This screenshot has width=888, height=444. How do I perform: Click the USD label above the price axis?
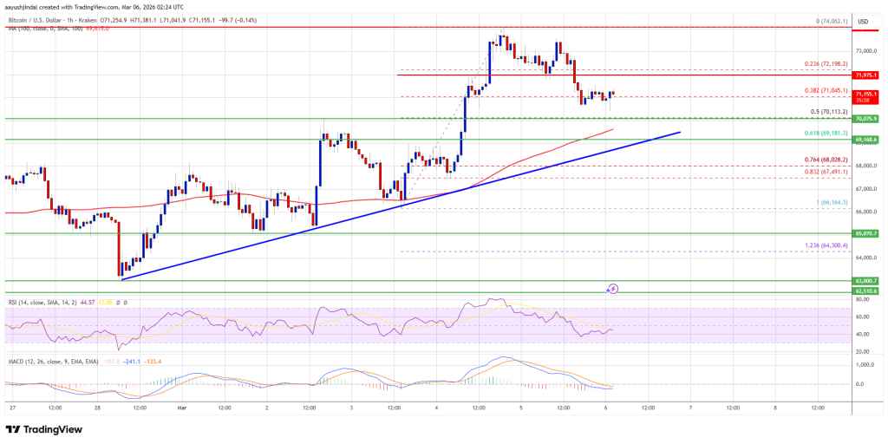pyautogui.click(x=862, y=21)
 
